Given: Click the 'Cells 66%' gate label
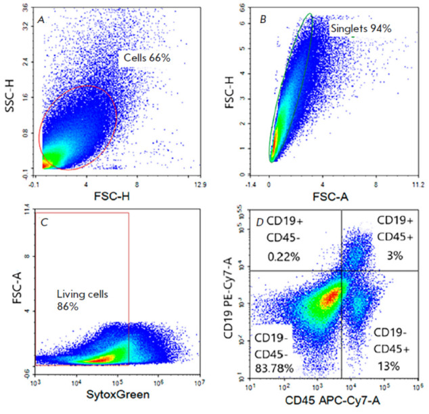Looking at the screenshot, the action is pyautogui.click(x=147, y=58).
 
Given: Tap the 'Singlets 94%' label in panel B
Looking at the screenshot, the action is pyautogui.click(x=361, y=28).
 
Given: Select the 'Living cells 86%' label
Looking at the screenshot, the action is pyautogui.click(x=83, y=300).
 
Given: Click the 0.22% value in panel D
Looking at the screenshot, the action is pyautogui.click(x=284, y=257).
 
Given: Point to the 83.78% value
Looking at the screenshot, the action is pyautogui.click(x=274, y=369).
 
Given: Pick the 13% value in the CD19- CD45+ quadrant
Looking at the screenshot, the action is pyautogui.click(x=389, y=366).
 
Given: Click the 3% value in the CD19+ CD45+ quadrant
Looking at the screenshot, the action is pyautogui.click(x=394, y=256).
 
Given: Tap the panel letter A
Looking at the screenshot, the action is pyautogui.click(x=41, y=20).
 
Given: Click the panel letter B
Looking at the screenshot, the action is pyautogui.click(x=263, y=20).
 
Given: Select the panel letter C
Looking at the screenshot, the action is pyautogui.click(x=44, y=222).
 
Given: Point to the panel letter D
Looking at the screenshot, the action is pyautogui.click(x=260, y=222).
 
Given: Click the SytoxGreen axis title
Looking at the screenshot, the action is pyautogui.click(x=118, y=394).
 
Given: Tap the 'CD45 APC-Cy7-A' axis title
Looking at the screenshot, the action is pyautogui.click(x=332, y=400).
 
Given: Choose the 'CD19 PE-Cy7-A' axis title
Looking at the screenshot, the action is pyautogui.click(x=228, y=298).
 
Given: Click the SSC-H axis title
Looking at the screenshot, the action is pyautogui.click(x=9, y=96).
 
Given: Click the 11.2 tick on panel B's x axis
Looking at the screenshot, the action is pyautogui.click(x=419, y=185).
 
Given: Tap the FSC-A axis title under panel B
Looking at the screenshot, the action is pyautogui.click(x=330, y=196).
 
